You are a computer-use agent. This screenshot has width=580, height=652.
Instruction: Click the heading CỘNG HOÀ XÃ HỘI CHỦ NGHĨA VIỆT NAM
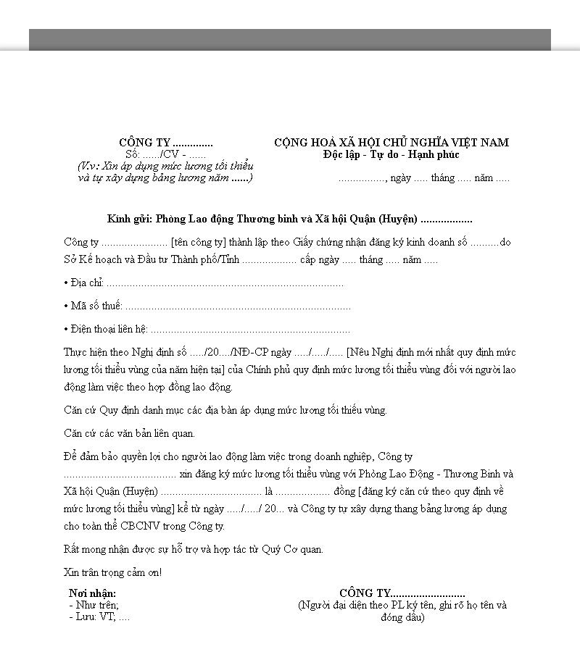coord(391,143)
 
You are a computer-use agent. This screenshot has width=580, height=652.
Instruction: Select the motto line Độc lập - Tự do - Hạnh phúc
coord(391,154)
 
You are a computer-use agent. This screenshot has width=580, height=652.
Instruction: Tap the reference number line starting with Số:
coord(165,154)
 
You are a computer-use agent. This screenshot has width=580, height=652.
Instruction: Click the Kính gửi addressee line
coord(289,219)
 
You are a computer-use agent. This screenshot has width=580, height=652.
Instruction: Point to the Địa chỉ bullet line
coord(203,283)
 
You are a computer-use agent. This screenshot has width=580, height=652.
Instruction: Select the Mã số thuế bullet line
coord(207,306)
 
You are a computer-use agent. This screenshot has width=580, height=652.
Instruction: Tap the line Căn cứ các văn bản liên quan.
coord(129,433)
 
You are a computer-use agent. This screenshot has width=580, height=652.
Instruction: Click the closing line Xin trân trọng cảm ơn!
coord(112,572)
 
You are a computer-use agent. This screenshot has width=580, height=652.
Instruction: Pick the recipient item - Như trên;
coord(94,605)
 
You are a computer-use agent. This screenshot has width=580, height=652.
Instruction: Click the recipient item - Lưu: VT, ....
coord(99,617)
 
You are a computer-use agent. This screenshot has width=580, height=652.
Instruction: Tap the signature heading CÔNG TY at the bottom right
coord(402,593)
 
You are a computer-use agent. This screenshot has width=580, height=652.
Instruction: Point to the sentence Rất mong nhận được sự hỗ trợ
coord(193,549)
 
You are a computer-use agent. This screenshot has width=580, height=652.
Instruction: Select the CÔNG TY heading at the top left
coord(165,143)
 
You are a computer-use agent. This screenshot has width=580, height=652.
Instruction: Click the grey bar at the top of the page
coord(289,40)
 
